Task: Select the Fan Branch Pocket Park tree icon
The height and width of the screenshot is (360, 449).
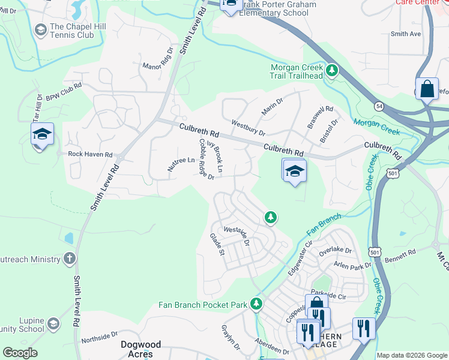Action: [256, 304]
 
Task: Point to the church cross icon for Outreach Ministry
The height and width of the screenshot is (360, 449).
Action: [70, 259]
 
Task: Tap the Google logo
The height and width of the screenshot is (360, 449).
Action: [20, 353]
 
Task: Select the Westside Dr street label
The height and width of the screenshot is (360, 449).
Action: [236, 232]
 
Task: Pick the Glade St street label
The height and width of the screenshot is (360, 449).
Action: [217, 244]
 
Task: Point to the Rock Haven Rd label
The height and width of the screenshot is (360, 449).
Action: [90, 154]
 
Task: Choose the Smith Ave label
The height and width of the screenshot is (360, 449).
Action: [406, 34]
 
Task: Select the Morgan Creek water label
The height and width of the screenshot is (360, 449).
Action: [376, 127]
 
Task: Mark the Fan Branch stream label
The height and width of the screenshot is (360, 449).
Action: [324, 224]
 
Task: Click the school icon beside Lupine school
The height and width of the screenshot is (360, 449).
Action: [53, 325]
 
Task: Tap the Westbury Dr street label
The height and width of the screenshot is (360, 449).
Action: [248, 128]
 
